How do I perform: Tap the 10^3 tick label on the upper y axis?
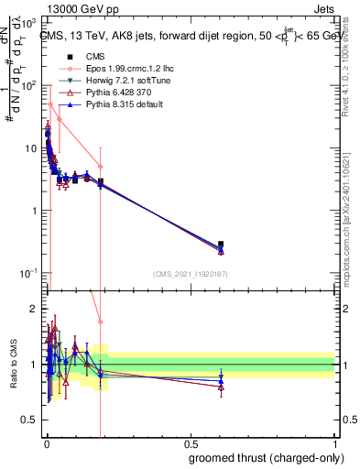coord(29,22)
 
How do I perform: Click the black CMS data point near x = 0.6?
coord(221,245)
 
